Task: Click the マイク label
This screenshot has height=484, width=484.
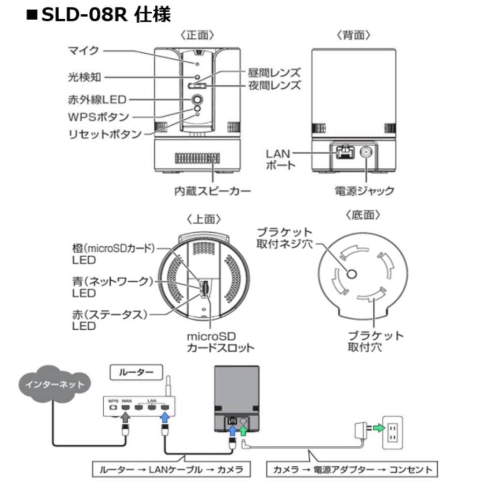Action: point(84,51)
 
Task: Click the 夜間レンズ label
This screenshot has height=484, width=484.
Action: point(274,86)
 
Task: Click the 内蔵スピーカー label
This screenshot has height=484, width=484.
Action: point(213,190)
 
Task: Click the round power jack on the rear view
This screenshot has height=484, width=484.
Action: point(367,153)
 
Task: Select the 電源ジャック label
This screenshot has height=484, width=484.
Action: point(365,190)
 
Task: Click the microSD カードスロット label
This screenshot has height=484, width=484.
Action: point(220,341)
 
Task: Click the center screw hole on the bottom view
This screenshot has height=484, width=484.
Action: point(351,274)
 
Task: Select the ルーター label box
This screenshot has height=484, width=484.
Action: point(134,372)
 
